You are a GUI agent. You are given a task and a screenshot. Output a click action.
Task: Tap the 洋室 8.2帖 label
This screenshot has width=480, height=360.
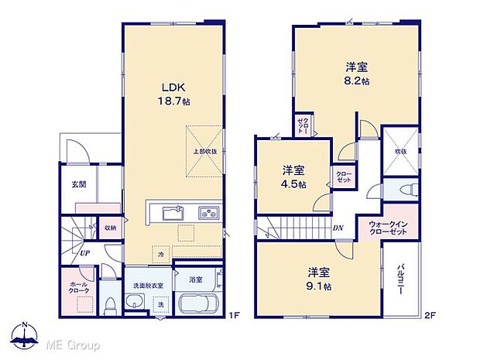coord(355,74)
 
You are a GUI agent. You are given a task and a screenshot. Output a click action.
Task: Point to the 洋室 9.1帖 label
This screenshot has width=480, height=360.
coord(319,279)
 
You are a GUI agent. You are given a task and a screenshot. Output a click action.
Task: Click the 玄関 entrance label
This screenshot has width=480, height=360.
coord(68,183)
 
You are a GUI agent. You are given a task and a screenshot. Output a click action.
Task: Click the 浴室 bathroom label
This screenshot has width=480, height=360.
coord(195,279)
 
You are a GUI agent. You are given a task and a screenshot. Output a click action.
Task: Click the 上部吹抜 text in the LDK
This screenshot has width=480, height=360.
coord(204,152)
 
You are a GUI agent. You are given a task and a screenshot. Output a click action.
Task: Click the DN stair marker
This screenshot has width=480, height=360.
coord(338,228)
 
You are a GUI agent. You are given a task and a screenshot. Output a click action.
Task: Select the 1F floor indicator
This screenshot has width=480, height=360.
coord(231,315)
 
